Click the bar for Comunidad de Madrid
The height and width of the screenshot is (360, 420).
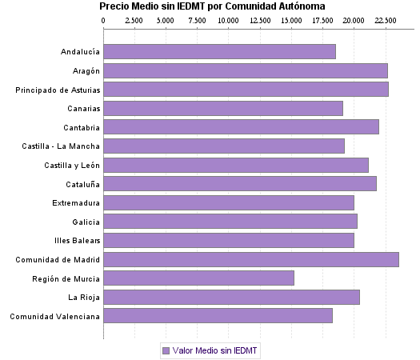pos(250,259)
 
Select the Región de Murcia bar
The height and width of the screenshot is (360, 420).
pos(198,278)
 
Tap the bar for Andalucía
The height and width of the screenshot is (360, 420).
pos(219,52)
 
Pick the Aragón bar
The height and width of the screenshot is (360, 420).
pos(246,70)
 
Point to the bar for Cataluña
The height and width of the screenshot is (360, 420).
pos(240,184)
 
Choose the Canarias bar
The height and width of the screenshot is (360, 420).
pos(223,108)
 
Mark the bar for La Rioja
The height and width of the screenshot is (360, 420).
pos(231,298)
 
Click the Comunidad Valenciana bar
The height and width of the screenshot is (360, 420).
pos(218,316)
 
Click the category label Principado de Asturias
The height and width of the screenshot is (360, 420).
pos(58,90)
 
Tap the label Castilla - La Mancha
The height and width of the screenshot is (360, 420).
pos(62,146)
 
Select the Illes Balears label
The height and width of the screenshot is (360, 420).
pos(77,241)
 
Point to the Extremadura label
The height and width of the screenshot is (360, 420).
pos(76,203)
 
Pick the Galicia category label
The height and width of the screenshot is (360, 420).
pos(86,222)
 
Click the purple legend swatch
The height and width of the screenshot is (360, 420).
pos(166,350)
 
